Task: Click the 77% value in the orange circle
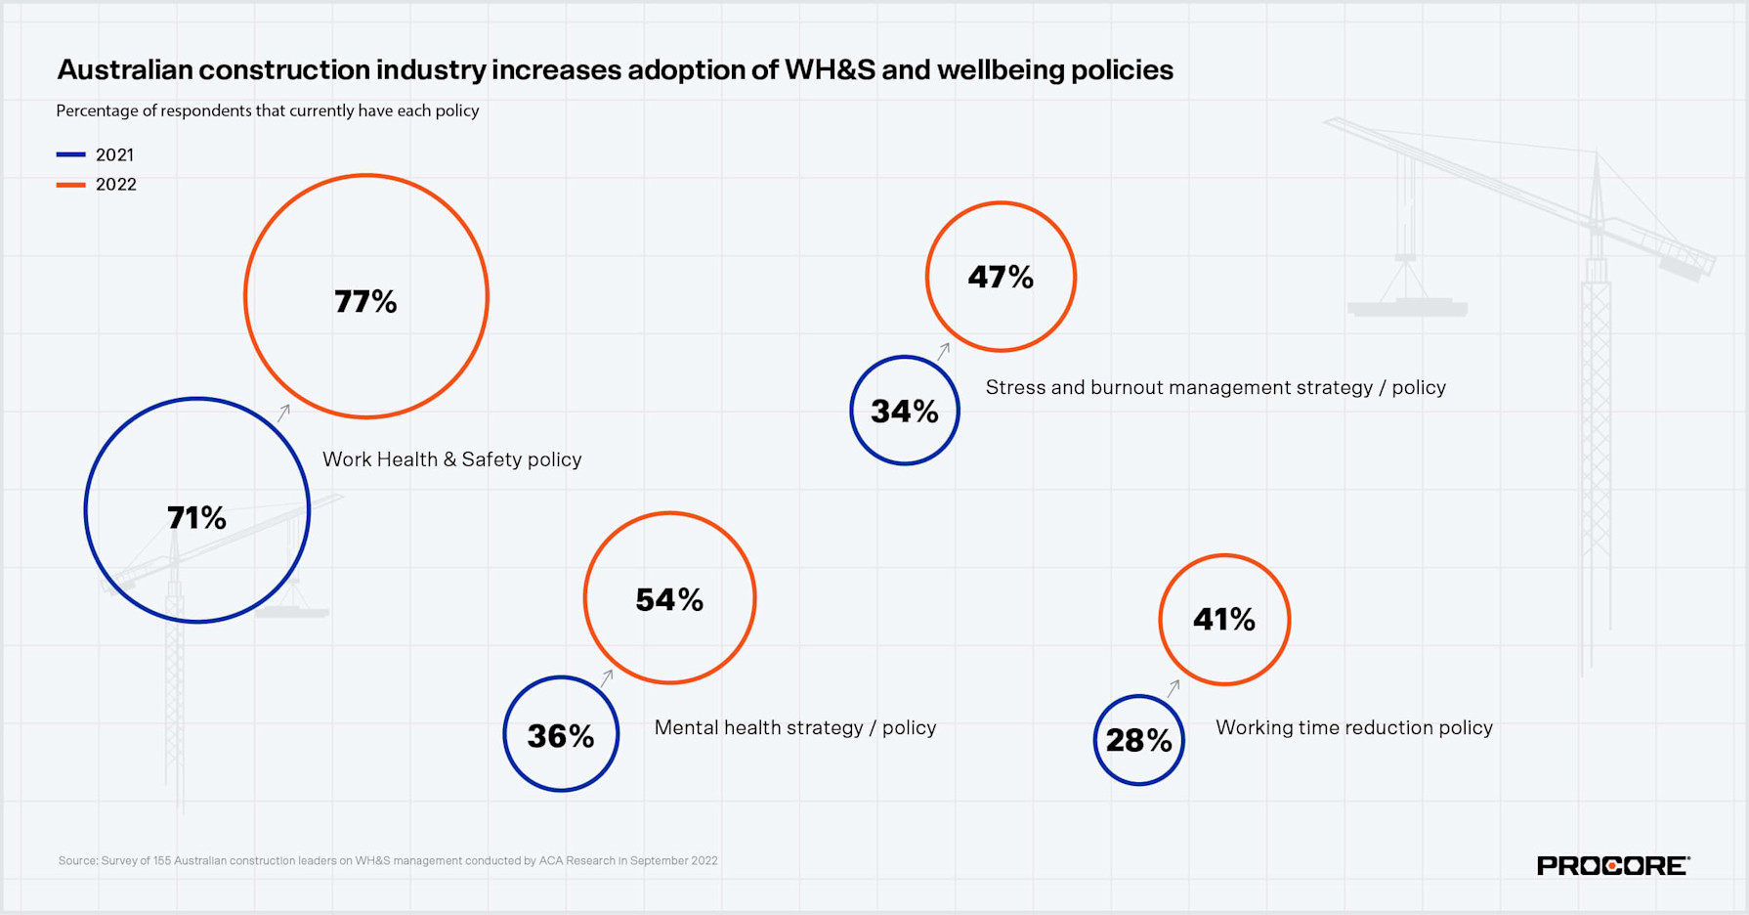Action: pos(365,301)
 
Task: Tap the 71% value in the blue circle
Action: pos(196,517)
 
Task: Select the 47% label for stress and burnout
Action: pos(1001,278)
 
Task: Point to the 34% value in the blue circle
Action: pos(905,412)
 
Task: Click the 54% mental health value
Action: pos(669,599)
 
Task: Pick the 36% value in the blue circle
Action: pos(561,736)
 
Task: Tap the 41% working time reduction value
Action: pos(1224,619)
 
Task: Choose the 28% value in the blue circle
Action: pos(1139,741)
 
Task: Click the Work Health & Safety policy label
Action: pos(451,459)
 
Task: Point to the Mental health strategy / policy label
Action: pos(795,727)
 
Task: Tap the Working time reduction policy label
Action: pos(1353,727)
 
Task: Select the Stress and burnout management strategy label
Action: pos(1215,387)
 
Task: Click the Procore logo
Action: pos(1612,865)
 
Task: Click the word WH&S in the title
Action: pos(830,70)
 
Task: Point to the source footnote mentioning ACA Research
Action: pos(388,861)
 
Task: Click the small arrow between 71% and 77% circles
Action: pos(283,413)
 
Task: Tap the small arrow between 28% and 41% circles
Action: pos(1173,688)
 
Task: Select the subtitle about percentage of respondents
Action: pos(267,110)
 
